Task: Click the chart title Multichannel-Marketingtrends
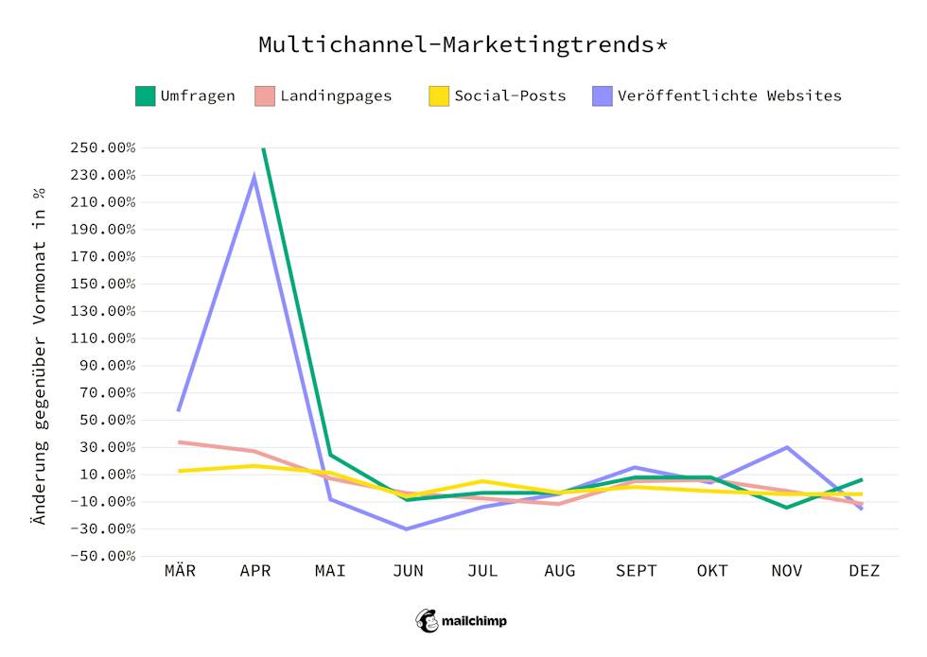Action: (x=463, y=45)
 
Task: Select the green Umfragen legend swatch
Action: (x=145, y=95)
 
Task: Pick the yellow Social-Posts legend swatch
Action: (x=438, y=95)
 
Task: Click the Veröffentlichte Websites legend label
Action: (x=728, y=95)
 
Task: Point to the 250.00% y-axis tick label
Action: (x=103, y=148)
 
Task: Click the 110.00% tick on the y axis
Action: (x=103, y=338)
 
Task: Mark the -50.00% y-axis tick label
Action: (x=103, y=556)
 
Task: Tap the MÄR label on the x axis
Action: (x=180, y=571)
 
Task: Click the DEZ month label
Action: (x=864, y=571)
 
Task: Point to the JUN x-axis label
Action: (x=408, y=571)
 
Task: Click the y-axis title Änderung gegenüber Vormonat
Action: (x=39, y=354)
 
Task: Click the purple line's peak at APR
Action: (x=254, y=177)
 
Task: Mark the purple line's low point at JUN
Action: (x=408, y=528)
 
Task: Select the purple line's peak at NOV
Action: (x=787, y=447)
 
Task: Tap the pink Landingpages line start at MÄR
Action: (x=180, y=441)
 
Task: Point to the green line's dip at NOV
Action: (x=787, y=508)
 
